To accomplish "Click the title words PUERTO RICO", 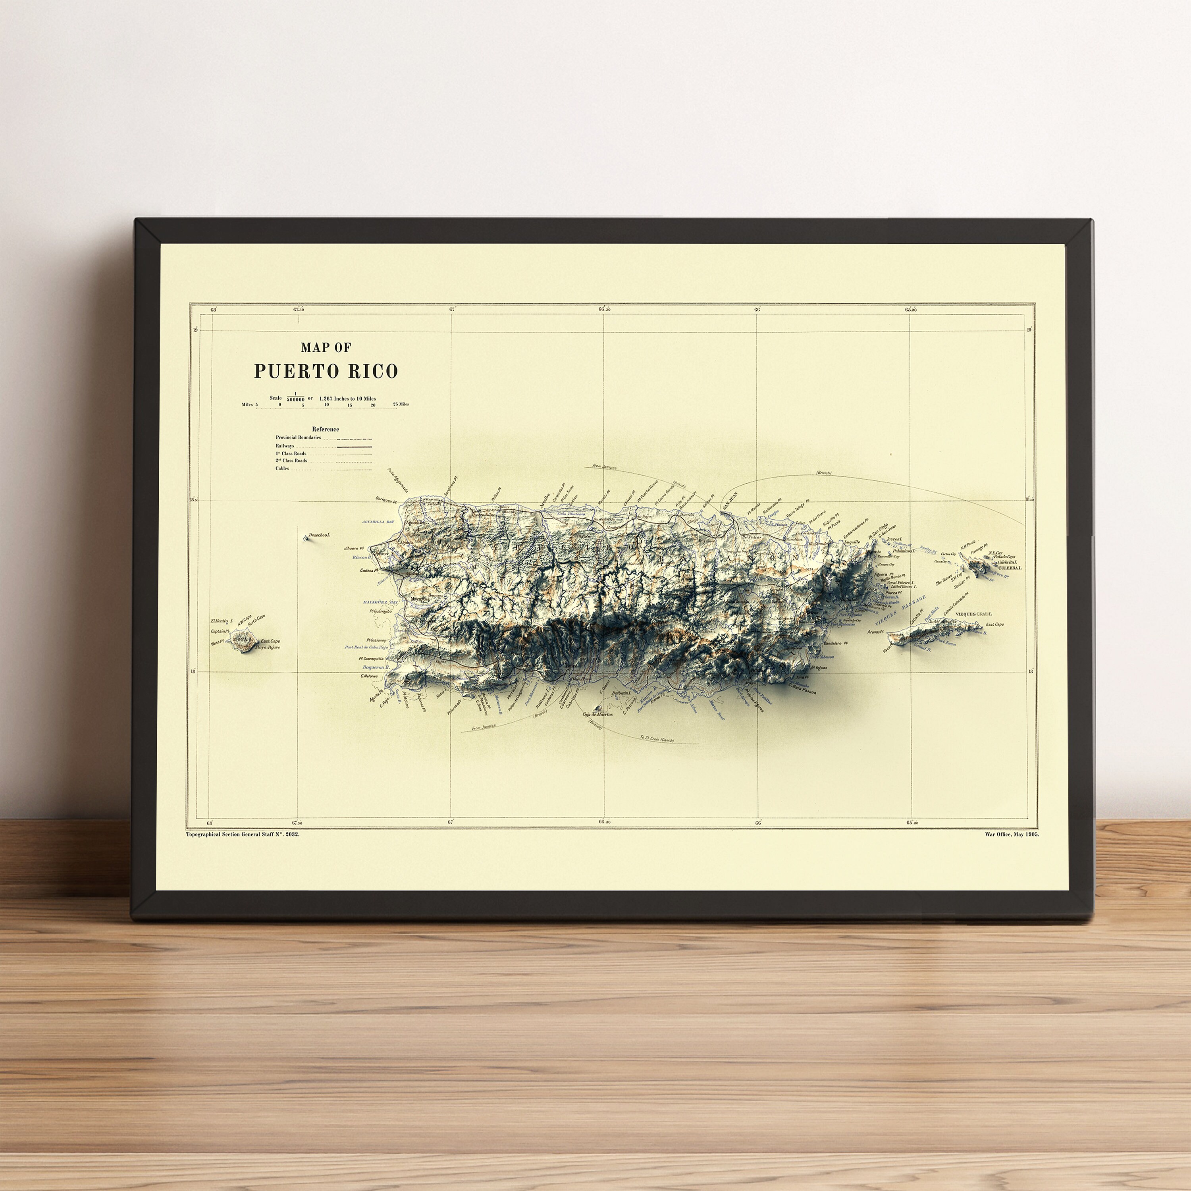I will pyautogui.click(x=326, y=371).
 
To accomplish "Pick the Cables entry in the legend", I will pyautogui.click(x=282, y=468).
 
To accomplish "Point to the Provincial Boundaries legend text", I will pyautogui.click(x=299, y=437).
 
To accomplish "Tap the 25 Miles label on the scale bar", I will pyautogui.click(x=401, y=405).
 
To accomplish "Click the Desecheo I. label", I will pyautogui.click(x=319, y=535).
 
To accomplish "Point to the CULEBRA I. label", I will pyautogui.click(x=1010, y=567).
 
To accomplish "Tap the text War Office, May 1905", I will pyautogui.click(x=1011, y=834).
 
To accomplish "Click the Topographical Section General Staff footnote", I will pyautogui.click(x=242, y=834).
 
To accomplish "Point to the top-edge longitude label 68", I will pyautogui.click(x=213, y=310).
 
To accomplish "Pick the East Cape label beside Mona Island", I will pyautogui.click(x=270, y=641).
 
